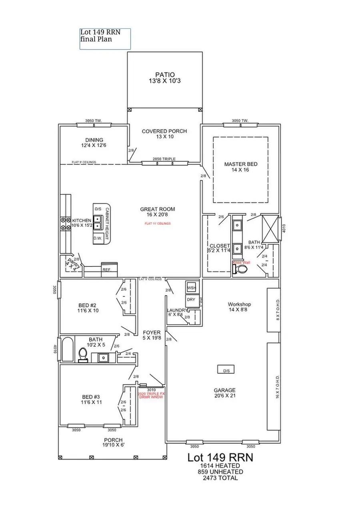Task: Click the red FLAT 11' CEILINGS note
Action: pyautogui.click(x=158, y=224)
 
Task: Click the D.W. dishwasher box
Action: pyautogui.click(x=98, y=238)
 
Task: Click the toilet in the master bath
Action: pyautogui.click(x=240, y=270)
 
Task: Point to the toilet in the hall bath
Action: pyautogui.click(x=83, y=354)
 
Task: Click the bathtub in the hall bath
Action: pyautogui.click(x=68, y=350)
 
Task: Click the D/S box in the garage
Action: pyautogui.click(x=226, y=370)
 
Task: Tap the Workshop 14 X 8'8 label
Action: pyautogui.click(x=240, y=307)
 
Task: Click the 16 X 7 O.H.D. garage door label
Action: pyautogui.click(x=277, y=386)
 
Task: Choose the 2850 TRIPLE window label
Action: pyautogui.click(x=164, y=159)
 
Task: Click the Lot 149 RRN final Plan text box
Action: pyautogui.click(x=105, y=39)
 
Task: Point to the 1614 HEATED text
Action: pyautogui.click(x=220, y=466)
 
